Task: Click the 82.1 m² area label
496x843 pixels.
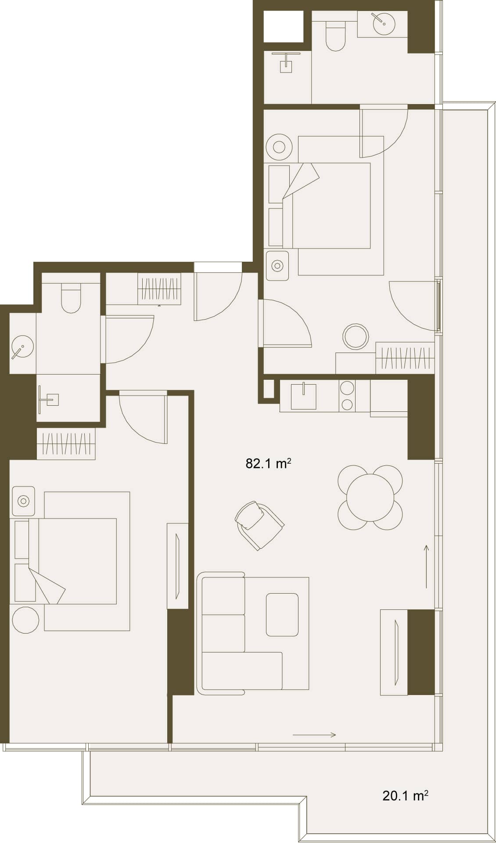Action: click(x=269, y=464)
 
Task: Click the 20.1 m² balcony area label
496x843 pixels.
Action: click(x=405, y=796)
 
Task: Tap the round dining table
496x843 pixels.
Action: click(x=370, y=498)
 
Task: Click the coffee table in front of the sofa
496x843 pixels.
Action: click(x=282, y=614)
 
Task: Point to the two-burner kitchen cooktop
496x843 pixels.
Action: click(x=347, y=396)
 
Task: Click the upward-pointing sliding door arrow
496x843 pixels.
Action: click(x=426, y=566)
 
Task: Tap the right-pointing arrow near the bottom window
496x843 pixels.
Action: click(x=314, y=735)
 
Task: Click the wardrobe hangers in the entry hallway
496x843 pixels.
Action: click(x=159, y=288)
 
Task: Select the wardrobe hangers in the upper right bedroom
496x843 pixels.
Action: click(x=405, y=357)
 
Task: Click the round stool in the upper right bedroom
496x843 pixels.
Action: click(x=356, y=337)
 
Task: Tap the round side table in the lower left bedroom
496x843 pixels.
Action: click(x=25, y=620)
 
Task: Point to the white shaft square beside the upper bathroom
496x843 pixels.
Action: click(x=284, y=26)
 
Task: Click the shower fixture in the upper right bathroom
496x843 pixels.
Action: click(x=286, y=62)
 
